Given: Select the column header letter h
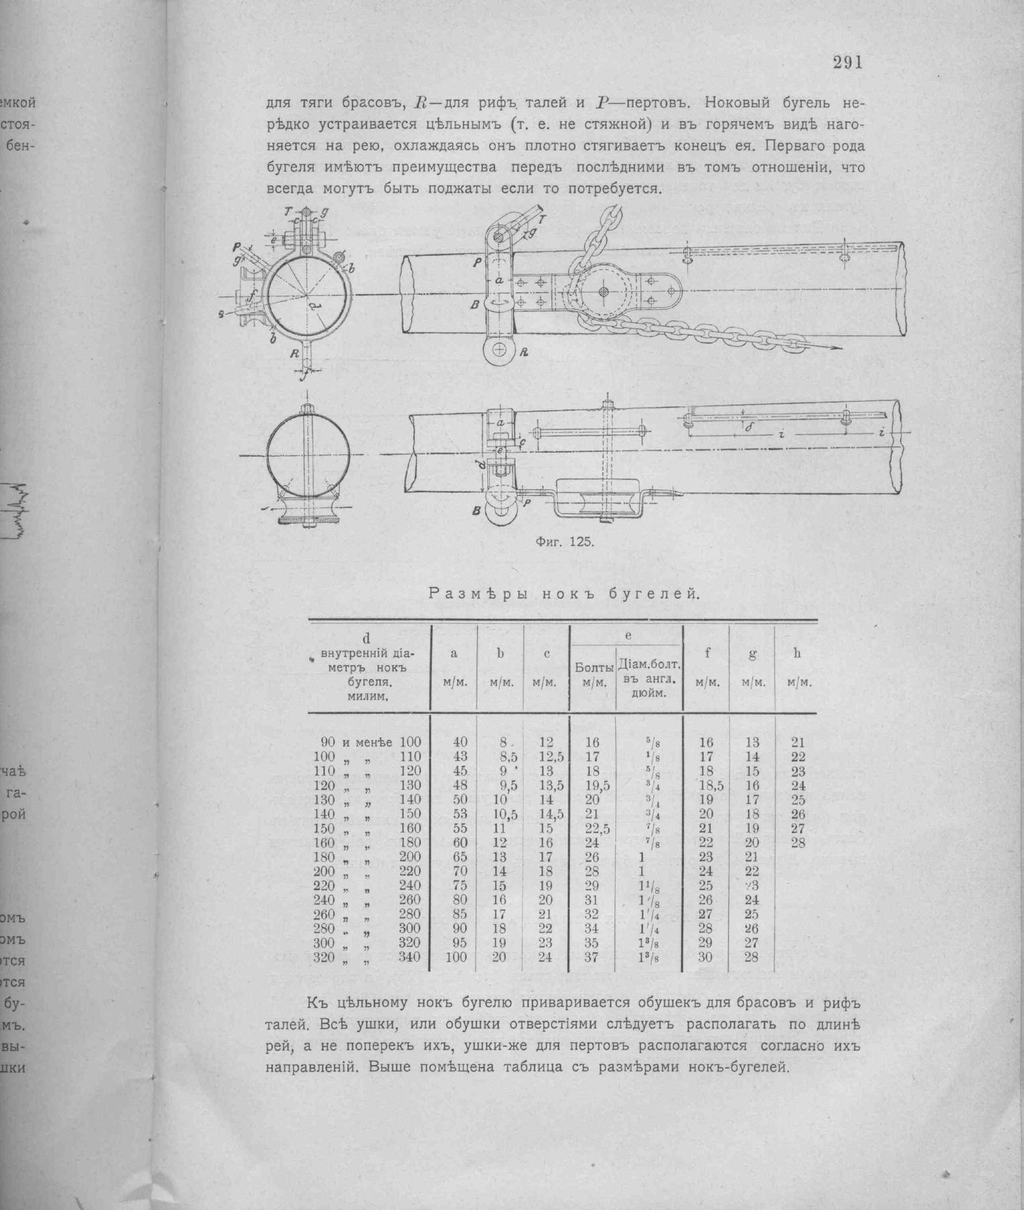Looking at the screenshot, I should [797, 654].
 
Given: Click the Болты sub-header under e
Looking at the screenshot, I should [594, 668].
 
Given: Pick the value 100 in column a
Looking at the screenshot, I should [455, 957].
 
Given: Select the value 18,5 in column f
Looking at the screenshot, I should [710, 786].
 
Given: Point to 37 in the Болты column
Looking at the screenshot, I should [591, 957].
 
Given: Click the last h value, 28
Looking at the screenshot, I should [797, 843].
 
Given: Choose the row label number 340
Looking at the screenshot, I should [409, 957].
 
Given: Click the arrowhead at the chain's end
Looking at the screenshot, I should [833, 347].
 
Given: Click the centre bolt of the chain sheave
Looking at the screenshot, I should [604, 292].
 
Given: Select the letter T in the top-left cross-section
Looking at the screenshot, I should [288, 211].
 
